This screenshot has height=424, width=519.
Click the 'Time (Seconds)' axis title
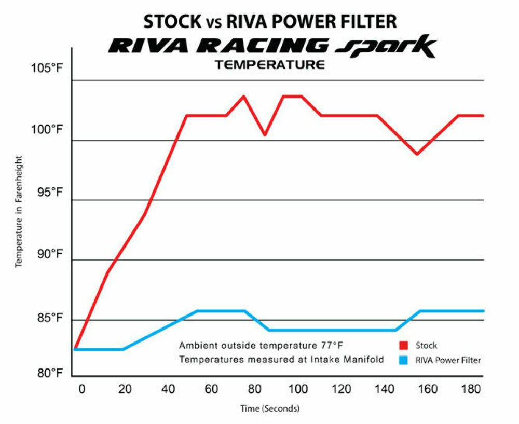tap(269, 409)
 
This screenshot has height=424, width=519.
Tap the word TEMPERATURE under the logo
tap(270, 65)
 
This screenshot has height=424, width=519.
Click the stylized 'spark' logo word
tap(385, 47)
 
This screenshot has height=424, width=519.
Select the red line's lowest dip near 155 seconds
tap(417, 154)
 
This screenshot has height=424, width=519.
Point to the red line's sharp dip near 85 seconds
tap(265, 135)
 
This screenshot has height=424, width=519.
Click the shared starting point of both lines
tap(75, 349)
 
